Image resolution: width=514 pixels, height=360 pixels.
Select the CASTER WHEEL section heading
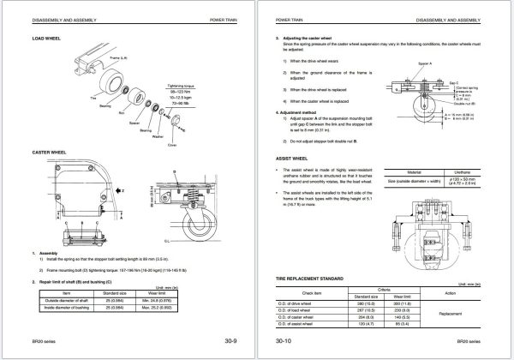click(49, 152)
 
